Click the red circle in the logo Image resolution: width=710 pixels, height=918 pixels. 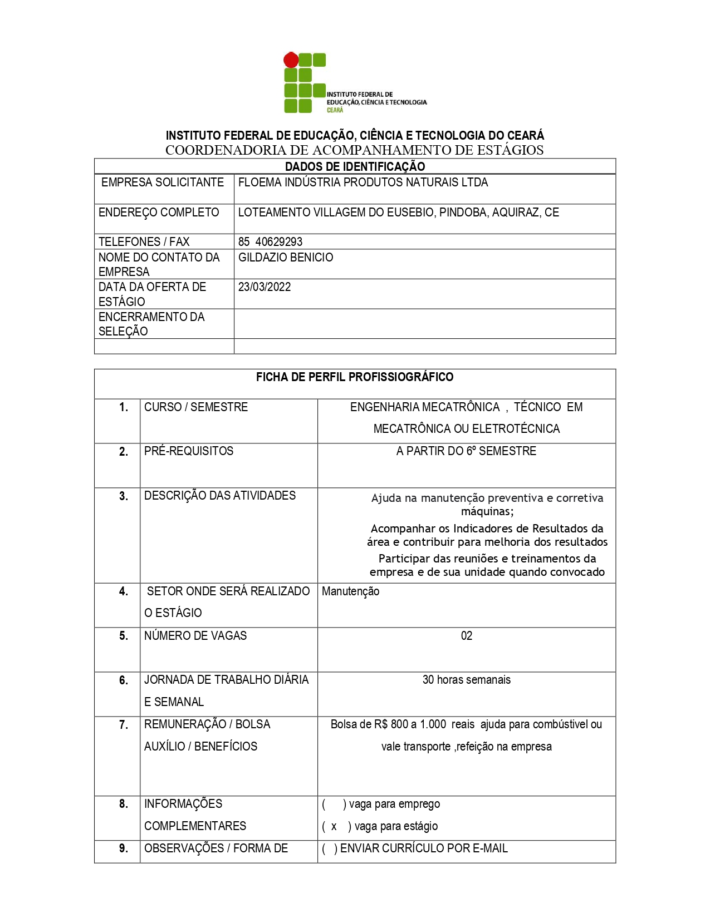pos(291,60)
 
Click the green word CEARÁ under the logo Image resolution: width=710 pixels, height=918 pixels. pos(335,110)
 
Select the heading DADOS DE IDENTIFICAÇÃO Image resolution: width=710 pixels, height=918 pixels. pos(355,166)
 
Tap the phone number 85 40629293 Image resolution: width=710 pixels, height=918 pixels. pos(270,241)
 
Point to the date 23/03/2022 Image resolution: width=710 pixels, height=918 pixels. pos(265,287)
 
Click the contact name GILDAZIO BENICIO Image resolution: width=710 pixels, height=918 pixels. pos(286,258)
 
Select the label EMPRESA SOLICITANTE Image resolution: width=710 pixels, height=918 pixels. pos(163,182)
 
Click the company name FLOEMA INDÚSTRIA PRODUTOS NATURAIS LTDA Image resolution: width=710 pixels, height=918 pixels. pos(363,182)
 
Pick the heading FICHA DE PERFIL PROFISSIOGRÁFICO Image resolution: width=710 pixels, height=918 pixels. pos(355,377)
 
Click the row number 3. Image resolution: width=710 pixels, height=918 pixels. pos(124,496)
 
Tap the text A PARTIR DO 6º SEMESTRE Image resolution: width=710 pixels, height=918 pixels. pos(466,451)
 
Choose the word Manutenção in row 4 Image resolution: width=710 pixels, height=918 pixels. pos(350,591)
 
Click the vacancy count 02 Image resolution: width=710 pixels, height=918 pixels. pos(467,636)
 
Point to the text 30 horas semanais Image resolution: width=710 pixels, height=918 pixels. pos(467,680)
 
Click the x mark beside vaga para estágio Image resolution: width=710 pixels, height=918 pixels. pos(334,827)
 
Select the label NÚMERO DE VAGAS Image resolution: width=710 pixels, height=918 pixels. pos(195,636)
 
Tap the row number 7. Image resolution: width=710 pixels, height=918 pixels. pos(124,725)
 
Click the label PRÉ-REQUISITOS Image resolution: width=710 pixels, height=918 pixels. pos(189,451)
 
